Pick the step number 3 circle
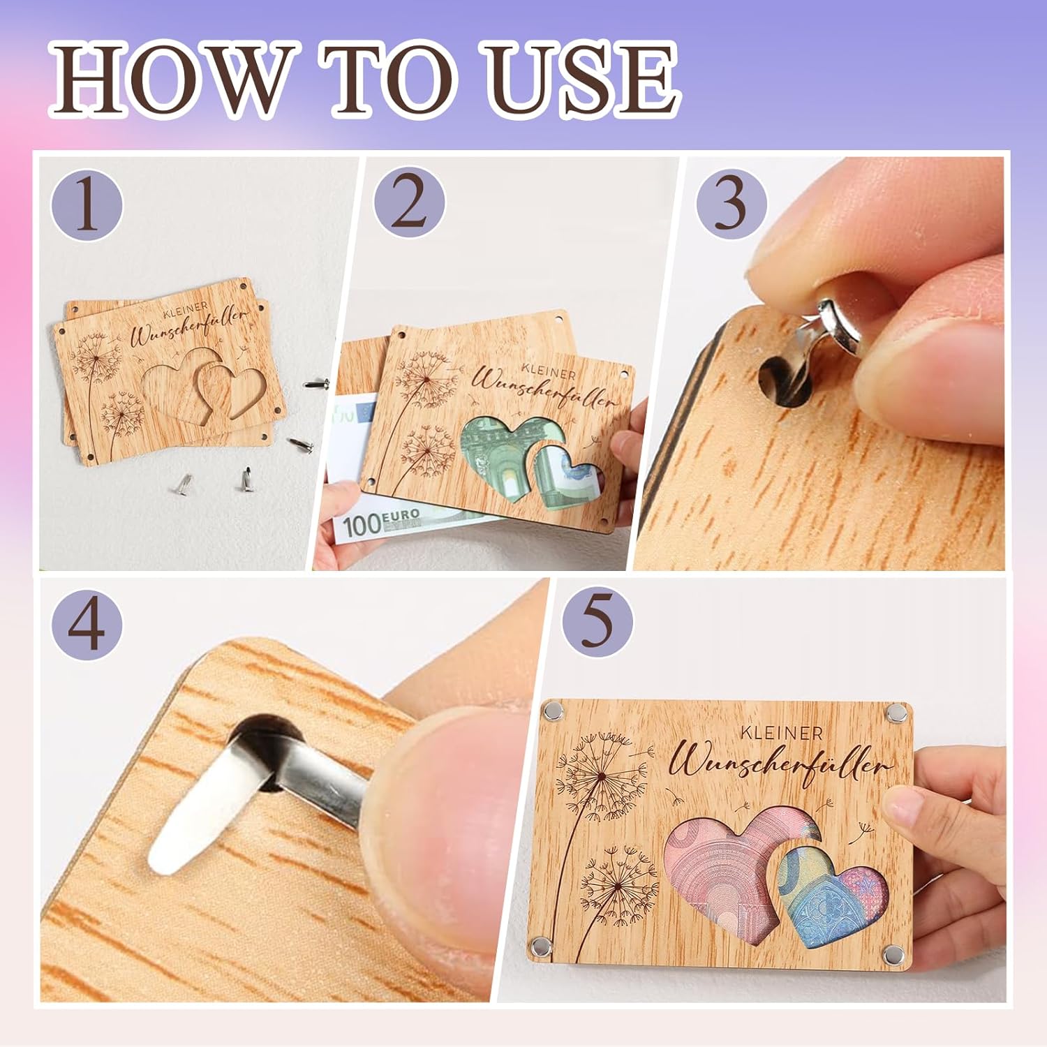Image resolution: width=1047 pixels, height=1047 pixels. tap(730, 205)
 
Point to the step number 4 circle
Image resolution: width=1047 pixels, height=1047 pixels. tap(87, 623)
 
